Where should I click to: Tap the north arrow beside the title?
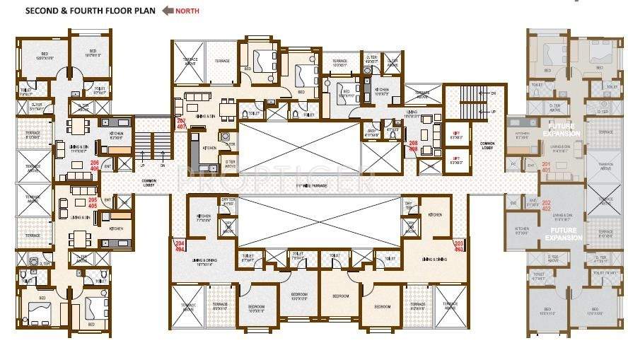(168, 11)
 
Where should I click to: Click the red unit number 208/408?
(413, 146)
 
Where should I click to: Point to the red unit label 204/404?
(180, 245)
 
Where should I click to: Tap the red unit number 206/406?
(94, 166)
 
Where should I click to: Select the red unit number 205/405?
(93, 203)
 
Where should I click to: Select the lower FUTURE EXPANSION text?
(563, 234)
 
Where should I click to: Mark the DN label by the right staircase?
(493, 94)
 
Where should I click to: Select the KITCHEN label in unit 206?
(116, 133)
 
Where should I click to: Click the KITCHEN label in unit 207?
(210, 149)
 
